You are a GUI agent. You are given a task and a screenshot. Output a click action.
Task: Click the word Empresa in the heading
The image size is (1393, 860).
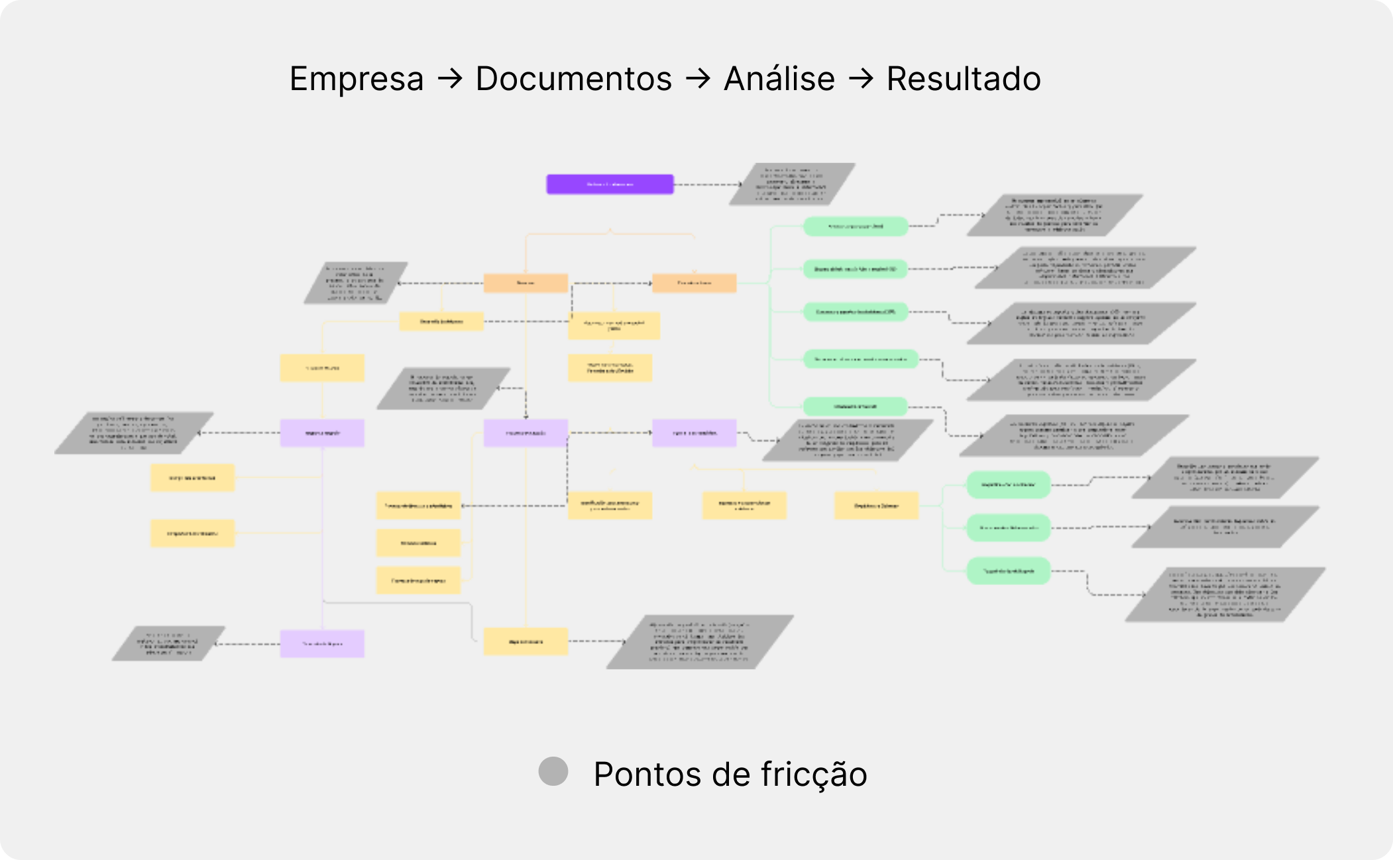click(x=357, y=80)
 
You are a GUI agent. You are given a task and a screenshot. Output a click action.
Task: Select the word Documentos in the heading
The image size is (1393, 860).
click(x=573, y=80)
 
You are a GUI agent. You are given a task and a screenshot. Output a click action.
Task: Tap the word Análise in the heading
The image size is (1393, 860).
click(x=779, y=80)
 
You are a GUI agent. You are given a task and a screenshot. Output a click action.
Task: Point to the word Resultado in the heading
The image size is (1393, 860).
click(x=964, y=80)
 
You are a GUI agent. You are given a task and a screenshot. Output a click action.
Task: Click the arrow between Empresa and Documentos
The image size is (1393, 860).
click(x=450, y=80)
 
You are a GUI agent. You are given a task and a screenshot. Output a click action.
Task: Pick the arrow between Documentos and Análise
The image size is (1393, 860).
click(x=698, y=80)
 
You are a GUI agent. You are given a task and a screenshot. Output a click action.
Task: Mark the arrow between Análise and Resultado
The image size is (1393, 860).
click(x=861, y=80)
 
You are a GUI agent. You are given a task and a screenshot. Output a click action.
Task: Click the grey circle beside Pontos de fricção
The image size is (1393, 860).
click(x=553, y=771)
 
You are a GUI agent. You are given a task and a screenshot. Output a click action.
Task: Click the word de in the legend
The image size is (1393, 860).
click(x=721, y=775)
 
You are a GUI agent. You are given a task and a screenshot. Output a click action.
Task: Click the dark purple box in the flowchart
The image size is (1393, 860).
click(x=610, y=184)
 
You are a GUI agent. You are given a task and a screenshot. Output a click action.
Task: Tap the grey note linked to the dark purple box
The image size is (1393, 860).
click(x=792, y=184)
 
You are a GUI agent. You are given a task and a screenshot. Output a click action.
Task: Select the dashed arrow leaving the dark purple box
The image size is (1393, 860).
click(x=708, y=184)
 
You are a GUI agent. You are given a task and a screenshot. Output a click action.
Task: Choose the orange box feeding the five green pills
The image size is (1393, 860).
click(x=694, y=283)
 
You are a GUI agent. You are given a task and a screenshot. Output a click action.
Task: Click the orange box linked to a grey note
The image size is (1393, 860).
click(x=526, y=283)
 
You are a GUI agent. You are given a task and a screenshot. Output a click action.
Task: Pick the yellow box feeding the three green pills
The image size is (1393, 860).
click(x=876, y=506)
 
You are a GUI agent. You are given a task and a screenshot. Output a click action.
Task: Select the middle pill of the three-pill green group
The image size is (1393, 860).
click(x=1008, y=528)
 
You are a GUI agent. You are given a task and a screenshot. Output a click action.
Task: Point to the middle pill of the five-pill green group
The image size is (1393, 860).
click(x=855, y=311)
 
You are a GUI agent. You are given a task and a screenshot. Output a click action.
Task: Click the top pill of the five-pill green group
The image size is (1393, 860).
click(x=855, y=227)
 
